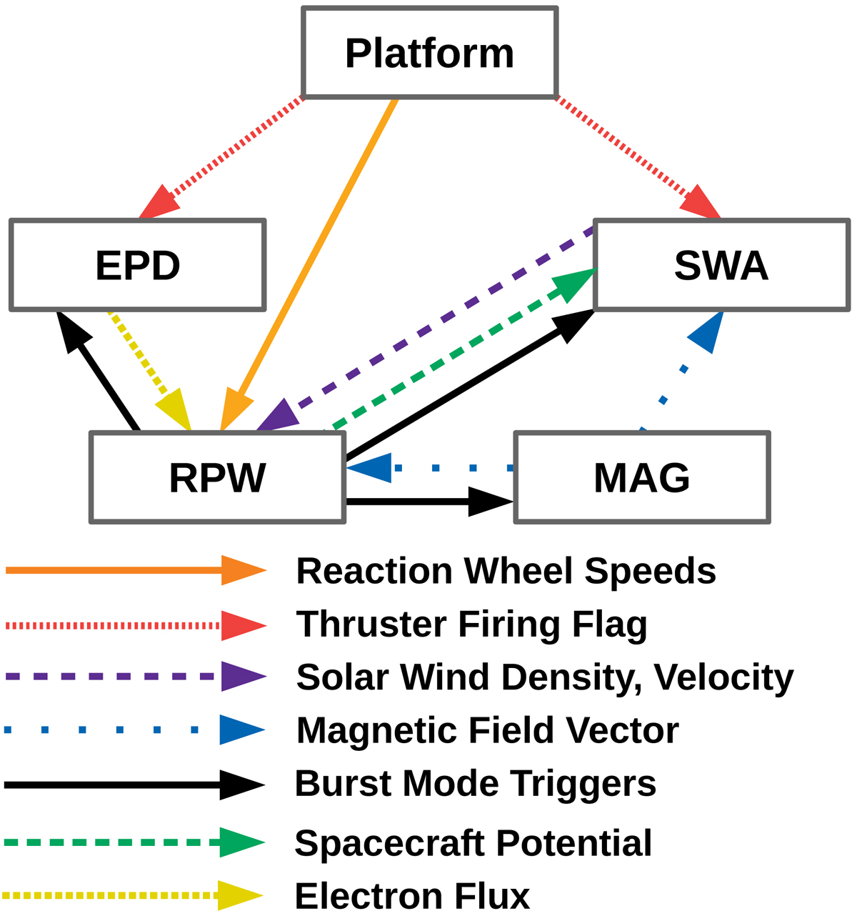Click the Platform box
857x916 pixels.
point(429,53)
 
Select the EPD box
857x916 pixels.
point(138,265)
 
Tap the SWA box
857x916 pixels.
point(721,265)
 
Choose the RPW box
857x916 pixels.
point(218,477)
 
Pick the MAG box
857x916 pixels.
point(641,477)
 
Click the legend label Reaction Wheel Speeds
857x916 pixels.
point(506,571)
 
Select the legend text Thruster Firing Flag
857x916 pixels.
point(471,624)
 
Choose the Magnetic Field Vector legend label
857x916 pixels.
point(487,730)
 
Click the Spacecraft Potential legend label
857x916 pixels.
point(473,843)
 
